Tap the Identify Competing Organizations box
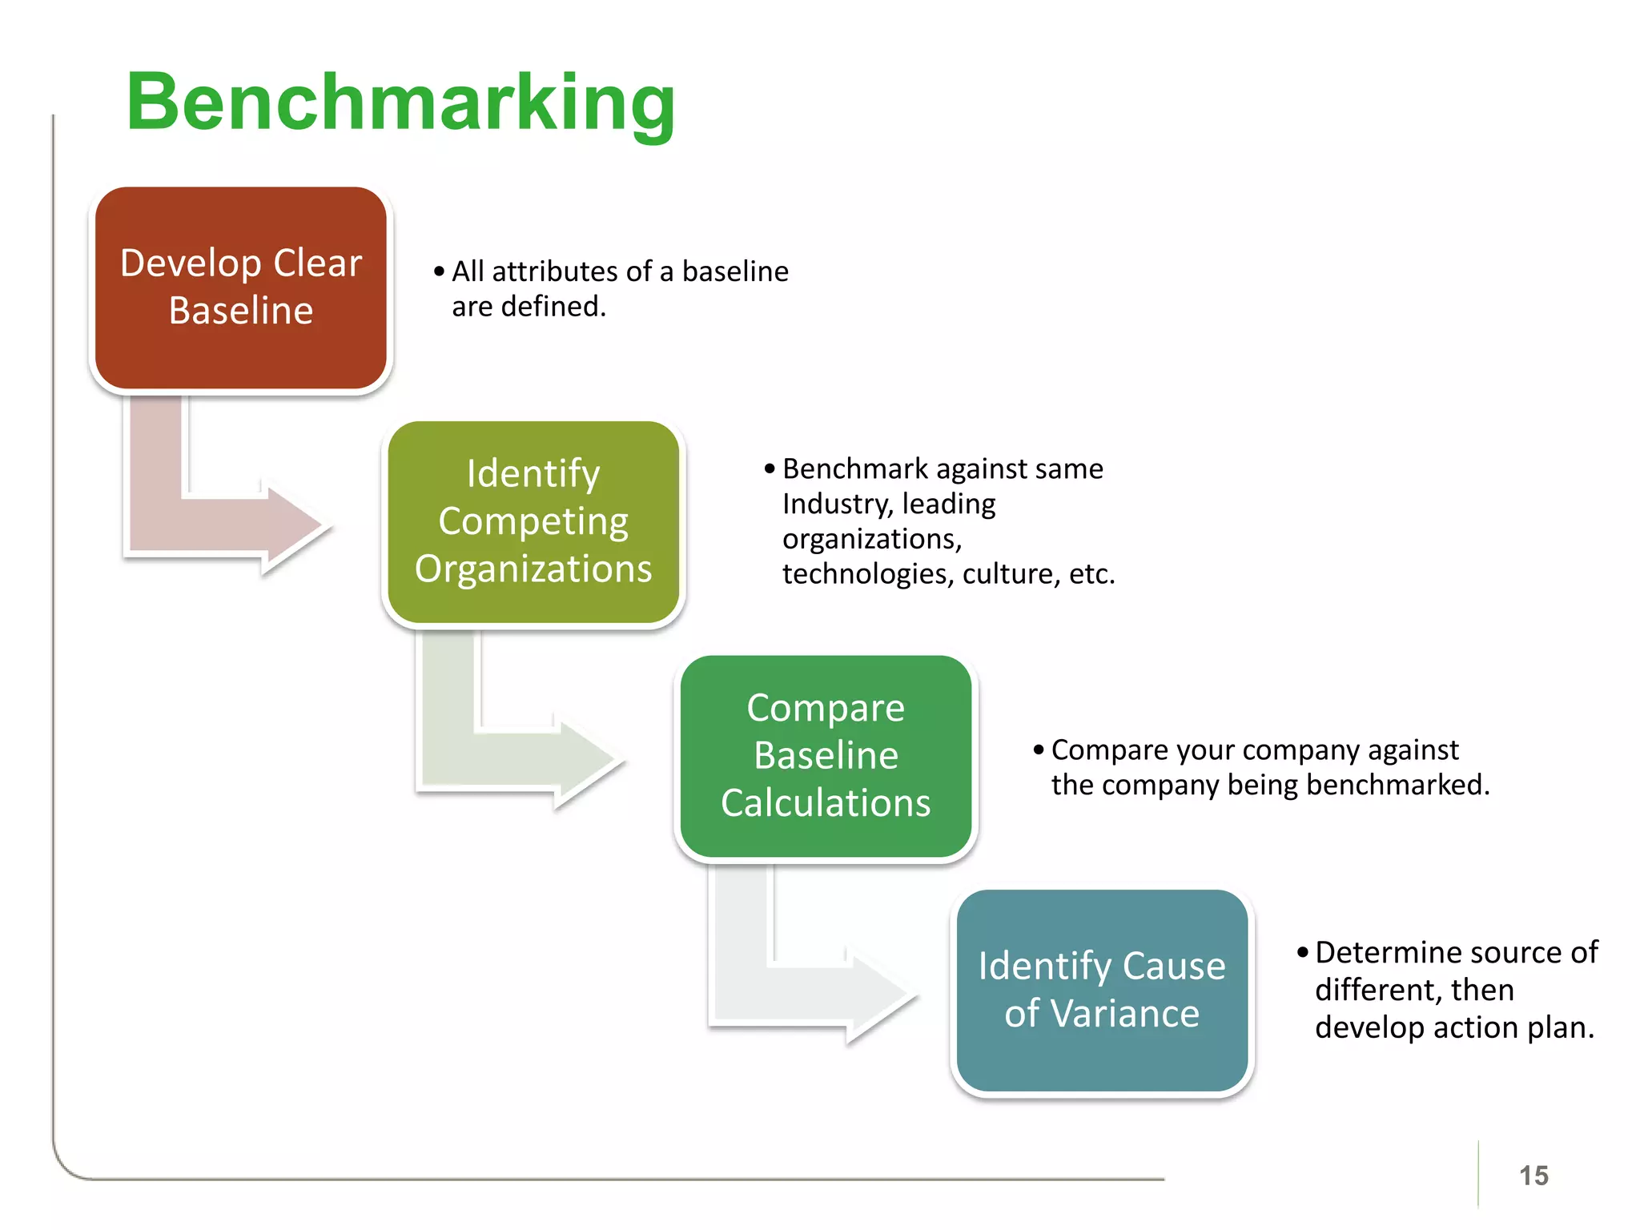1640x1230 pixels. click(x=533, y=522)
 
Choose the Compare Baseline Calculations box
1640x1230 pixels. click(x=826, y=756)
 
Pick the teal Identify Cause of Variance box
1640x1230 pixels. click(x=1102, y=991)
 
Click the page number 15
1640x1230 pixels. click(x=1533, y=1176)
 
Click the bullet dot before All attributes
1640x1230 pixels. click(x=439, y=272)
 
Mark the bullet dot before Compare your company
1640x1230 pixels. click(x=1039, y=750)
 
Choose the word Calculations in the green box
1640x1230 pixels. click(x=826, y=803)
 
